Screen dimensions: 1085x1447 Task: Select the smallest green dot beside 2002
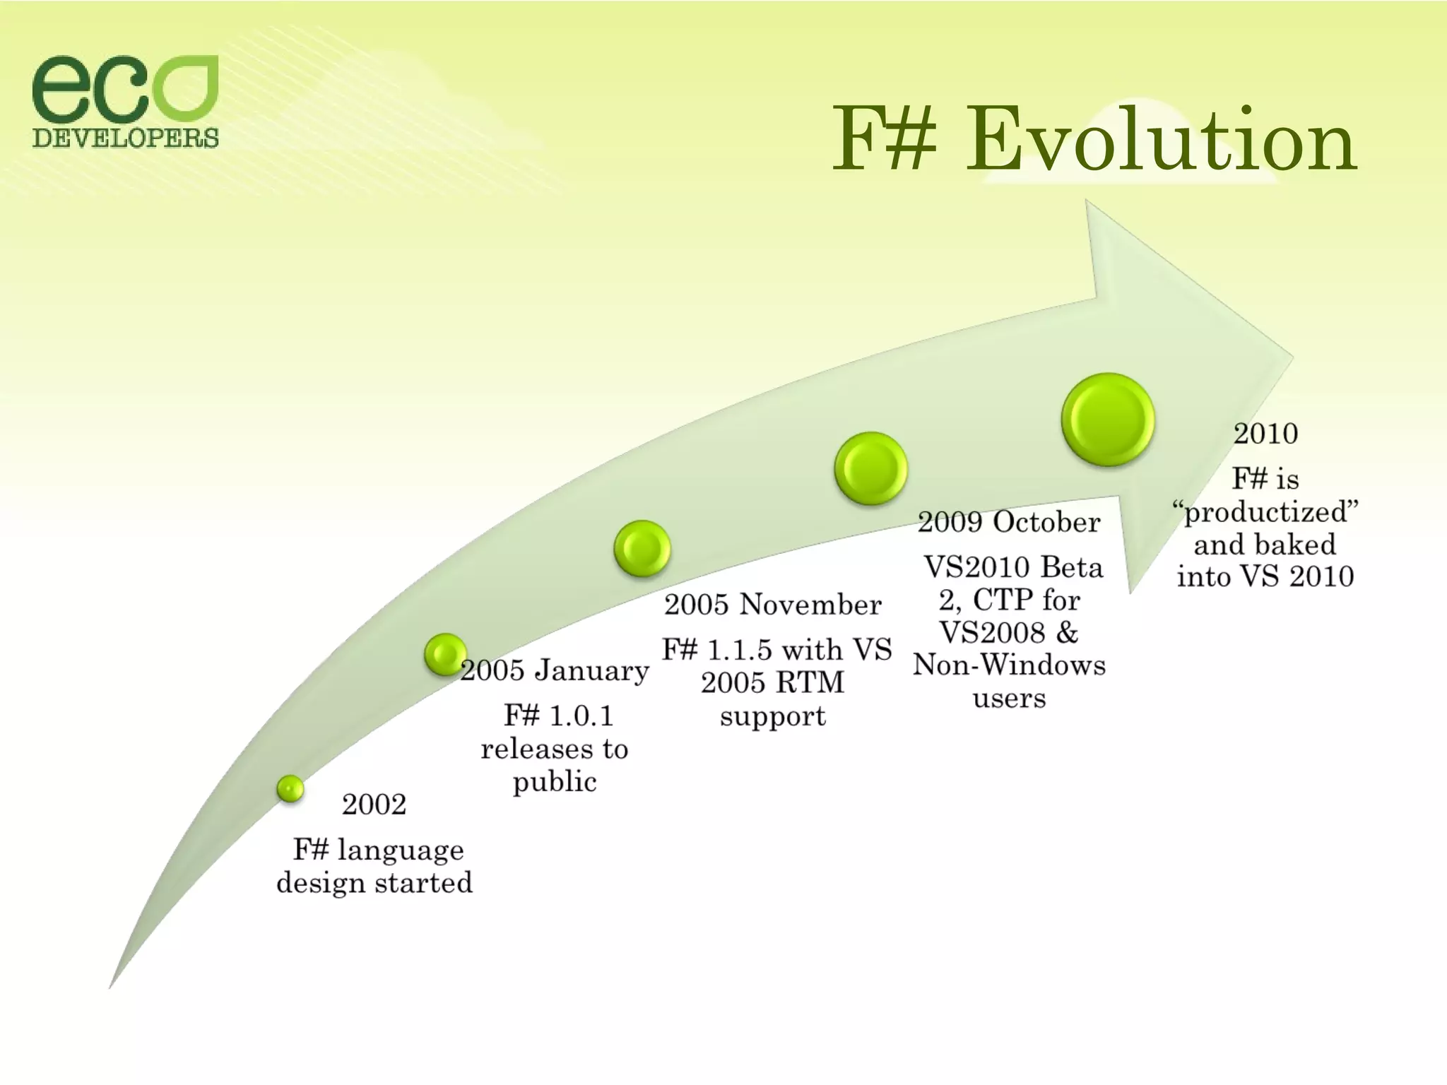290,788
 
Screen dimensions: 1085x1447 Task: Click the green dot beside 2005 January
445,654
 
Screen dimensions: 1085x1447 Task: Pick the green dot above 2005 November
642,548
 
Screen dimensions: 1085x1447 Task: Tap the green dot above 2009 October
870,468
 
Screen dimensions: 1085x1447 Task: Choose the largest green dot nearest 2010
1107,420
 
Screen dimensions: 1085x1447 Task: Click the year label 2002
374,805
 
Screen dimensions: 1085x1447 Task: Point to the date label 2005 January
555,670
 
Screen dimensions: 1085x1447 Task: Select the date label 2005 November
772,605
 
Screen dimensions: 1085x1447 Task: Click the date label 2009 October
1009,523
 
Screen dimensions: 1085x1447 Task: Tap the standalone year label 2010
1265,434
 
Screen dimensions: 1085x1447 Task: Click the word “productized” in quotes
1265,512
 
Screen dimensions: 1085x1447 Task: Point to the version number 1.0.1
581,716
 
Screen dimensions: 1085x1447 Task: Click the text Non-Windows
1009,665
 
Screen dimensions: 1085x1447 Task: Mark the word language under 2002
400,850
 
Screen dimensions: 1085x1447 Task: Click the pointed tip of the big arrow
1290,359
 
